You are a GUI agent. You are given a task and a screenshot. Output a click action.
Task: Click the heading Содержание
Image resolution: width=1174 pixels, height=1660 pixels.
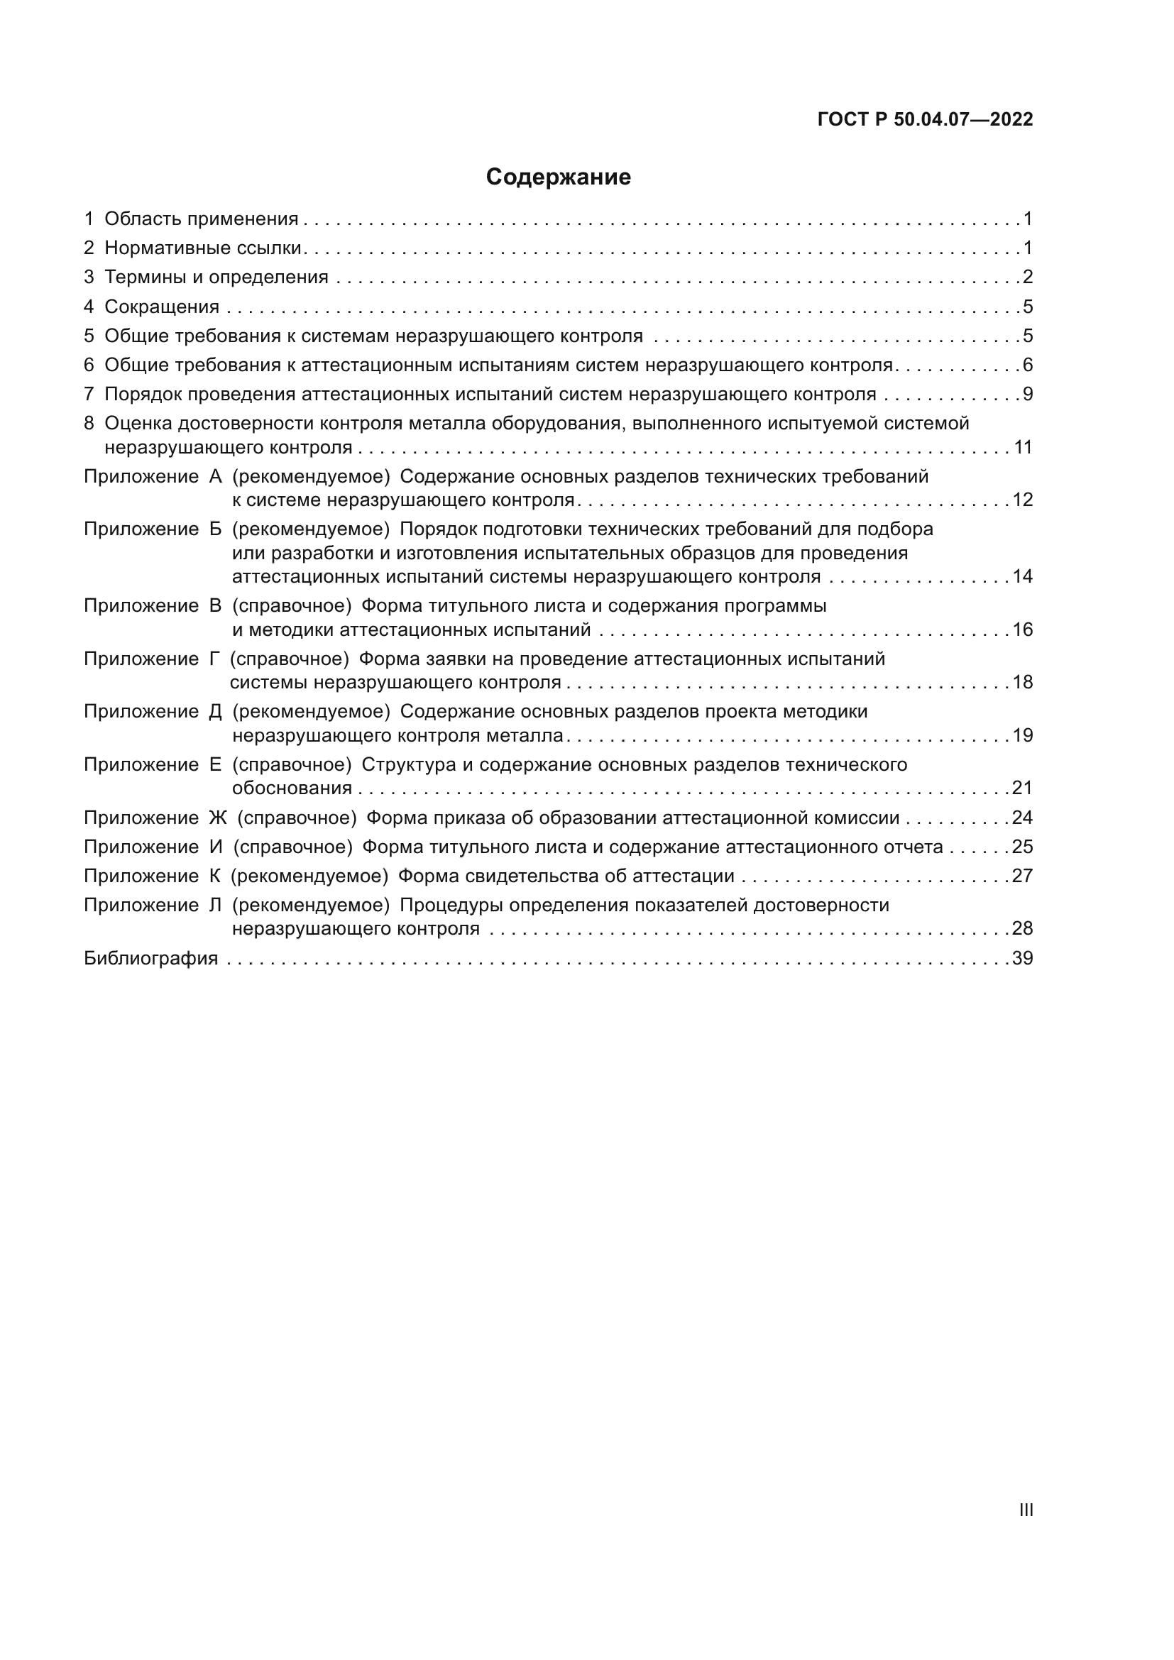(558, 177)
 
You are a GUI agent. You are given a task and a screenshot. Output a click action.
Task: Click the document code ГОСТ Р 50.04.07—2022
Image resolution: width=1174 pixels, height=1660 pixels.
(925, 119)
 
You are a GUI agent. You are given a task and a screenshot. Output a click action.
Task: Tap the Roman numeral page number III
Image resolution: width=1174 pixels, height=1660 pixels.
(1025, 1510)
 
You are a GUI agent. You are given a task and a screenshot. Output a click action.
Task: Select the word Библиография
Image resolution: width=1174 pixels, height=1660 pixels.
(150, 958)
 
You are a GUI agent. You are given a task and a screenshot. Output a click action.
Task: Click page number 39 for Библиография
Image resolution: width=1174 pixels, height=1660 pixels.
(1022, 958)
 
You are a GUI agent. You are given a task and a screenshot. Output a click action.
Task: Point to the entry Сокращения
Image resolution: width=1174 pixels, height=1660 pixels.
(162, 307)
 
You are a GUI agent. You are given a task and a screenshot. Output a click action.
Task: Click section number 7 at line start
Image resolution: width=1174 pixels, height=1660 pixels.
(89, 394)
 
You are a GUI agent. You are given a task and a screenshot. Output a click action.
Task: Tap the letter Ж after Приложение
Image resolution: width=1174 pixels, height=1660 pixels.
(218, 818)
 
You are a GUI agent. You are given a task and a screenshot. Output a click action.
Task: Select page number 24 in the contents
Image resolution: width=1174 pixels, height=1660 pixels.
(1022, 818)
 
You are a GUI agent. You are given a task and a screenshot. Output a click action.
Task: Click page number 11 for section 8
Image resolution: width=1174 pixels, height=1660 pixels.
(1023, 447)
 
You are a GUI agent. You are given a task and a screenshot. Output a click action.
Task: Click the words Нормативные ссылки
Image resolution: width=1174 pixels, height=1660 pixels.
(202, 248)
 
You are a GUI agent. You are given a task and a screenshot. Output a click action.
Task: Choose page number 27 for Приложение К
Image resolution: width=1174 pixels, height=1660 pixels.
(1022, 876)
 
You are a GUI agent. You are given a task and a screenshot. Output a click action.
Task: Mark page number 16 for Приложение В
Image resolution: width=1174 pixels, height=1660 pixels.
(1022, 630)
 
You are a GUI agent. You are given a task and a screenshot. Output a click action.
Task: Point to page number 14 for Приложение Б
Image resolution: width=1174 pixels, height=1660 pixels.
(1022, 576)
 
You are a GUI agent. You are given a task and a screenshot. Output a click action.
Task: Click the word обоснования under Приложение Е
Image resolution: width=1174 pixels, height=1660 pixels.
(292, 788)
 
